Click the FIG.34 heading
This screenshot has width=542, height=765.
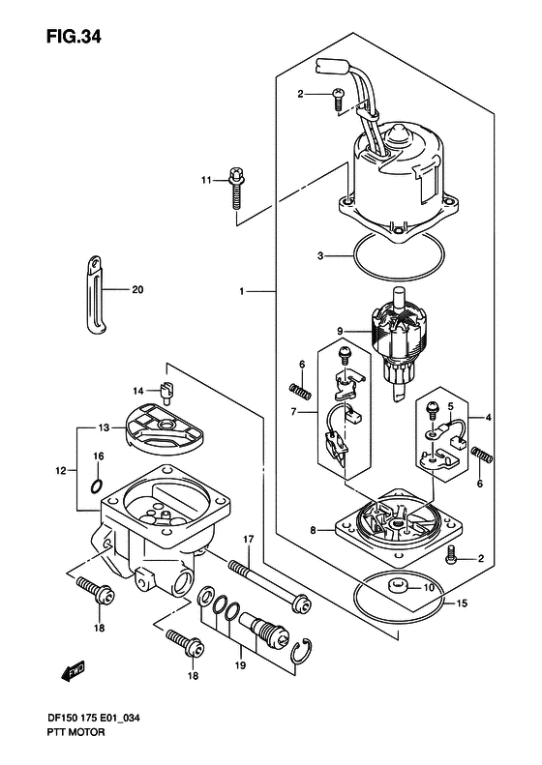tap(74, 36)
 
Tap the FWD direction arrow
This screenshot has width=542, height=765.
tap(74, 671)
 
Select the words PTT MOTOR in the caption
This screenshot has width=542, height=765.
tap(75, 732)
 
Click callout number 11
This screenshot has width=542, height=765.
tap(206, 181)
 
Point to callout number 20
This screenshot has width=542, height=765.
tap(137, 290)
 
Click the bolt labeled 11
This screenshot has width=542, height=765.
tap(235, 188)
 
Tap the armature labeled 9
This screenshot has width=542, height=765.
tap(400, 344)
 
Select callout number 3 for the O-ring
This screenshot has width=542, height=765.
tap(320, 255)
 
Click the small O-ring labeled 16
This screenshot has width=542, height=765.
tap(97, 485)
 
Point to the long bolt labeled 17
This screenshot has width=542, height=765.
tap(269, 585)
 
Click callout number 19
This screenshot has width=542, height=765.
tap(240, 665)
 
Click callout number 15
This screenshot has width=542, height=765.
tap(462, 603)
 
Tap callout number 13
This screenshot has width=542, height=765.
tap(104, 427)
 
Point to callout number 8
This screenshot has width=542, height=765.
tap(314, 529)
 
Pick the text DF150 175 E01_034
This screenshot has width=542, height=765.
tap(95, 718)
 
